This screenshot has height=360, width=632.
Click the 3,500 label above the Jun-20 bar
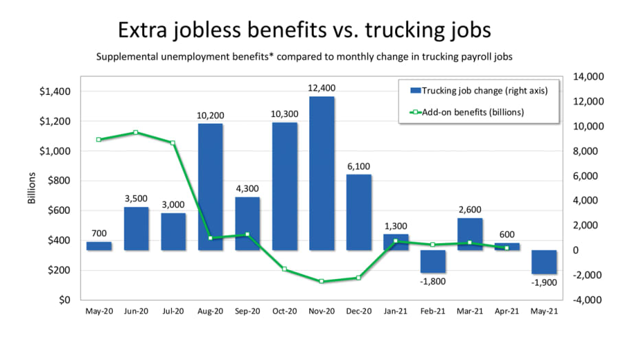(x=136, y=199)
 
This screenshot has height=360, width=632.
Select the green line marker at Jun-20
(x=136, y=133)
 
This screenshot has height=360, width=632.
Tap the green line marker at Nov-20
(x=321, y=281)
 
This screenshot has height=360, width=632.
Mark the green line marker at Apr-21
(x=506, y=247)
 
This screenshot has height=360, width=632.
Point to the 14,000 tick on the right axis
(x=589, y=77)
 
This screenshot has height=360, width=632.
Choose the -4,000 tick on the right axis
(x=589, y=300)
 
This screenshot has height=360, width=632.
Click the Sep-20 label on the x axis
(x=247, y=311)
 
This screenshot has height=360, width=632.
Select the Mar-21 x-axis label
(x=469, y=311)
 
